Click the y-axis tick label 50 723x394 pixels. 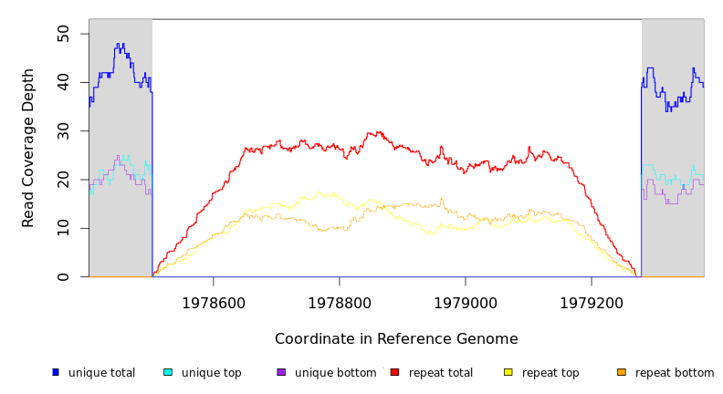(x=62, y=34)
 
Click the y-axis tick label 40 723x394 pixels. (x=62, y=83)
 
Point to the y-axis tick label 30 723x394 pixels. (x=62, y=131)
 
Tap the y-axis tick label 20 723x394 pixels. (x=62, y=180)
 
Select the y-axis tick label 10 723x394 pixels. (x=62, y=228)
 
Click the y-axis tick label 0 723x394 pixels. (x=62, y=276)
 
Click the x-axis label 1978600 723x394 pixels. (x=214, y=302)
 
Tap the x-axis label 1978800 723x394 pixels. (x=340, y=302)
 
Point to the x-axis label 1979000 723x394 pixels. (x=466, y=302)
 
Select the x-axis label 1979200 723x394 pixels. (x=592, y=302)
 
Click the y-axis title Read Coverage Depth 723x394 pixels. (x=28, y=148)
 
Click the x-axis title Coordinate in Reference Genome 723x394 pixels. (x=396, y=339)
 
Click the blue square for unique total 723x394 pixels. (x=56, y=372)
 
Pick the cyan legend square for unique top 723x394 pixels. (x=168, y=372)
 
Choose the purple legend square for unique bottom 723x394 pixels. (x=281, y=372)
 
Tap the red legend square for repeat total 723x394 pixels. (x=394, y=372)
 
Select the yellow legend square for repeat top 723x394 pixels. (x=508, y=372)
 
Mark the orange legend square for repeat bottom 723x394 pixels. (x=622, y=372)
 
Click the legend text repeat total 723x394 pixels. (x=441, y=373)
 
